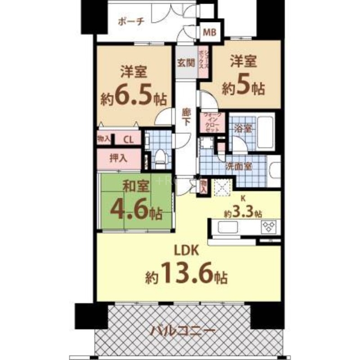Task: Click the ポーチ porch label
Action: click(x=131, y=21)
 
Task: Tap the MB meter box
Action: click(x=210, y=32)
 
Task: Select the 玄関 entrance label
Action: click(x=184, y=63)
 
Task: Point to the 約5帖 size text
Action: click(x=243, y=88)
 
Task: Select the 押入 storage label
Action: click(x=118, y=158)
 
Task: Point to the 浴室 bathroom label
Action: click(x=243, y=128)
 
